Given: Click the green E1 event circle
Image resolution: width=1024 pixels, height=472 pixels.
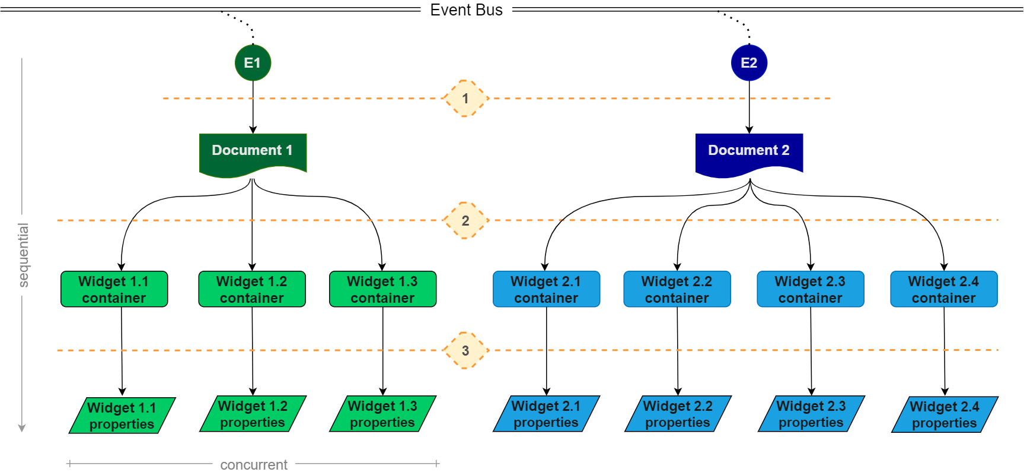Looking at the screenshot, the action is [253, 63].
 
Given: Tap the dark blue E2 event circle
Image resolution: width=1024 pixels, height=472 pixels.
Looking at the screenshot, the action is [749, 63].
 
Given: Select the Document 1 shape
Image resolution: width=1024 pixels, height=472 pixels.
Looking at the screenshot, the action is [253, 154].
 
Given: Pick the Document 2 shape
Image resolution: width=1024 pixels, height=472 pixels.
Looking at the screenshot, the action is [749, 154].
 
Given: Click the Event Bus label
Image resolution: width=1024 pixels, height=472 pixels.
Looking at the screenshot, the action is [466, 10].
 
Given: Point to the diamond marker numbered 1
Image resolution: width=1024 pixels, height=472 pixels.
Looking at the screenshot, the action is [465, 99].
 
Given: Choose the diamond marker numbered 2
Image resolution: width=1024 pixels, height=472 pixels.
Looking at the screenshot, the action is [465, 221].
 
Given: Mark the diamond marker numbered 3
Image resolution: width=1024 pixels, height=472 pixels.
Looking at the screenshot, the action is [465, 351].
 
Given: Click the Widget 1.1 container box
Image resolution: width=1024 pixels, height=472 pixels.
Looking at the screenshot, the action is [114, 289].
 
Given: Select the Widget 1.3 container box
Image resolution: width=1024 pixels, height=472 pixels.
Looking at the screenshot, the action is [382, 289].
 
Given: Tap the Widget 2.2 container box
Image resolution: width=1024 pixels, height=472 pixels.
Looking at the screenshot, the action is [677, 289].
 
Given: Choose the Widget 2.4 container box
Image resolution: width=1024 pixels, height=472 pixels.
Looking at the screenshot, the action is [944, 289].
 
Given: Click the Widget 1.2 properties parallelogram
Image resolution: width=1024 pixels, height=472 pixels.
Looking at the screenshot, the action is [253, 414].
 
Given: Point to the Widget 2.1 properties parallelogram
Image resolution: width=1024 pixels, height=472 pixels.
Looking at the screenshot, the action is [546, 414].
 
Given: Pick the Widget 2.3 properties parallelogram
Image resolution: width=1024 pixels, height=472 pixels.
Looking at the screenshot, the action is [811, 414].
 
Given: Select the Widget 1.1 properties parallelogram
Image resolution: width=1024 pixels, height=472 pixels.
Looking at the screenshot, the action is [122, 416].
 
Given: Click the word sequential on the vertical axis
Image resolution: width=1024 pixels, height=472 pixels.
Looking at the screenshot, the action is [23, 255].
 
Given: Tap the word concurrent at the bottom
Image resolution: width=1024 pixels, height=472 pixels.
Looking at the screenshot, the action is [254, 465].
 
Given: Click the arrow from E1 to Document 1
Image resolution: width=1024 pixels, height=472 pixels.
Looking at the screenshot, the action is [253, 107].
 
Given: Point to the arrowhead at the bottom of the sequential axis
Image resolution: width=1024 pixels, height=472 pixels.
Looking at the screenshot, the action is [22, 428].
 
